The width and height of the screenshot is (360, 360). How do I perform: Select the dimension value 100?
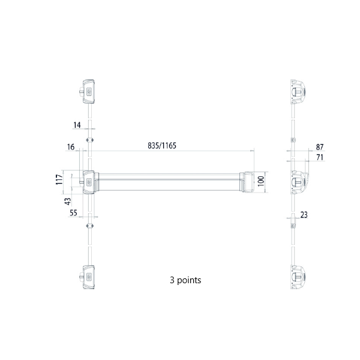coord(261,181)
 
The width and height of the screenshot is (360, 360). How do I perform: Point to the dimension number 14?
coord(77,125)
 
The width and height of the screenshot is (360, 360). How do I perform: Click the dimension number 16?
coord(71,147)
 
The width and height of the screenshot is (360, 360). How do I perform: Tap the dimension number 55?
coord(73,212)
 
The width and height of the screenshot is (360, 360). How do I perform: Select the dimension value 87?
coord(319,147)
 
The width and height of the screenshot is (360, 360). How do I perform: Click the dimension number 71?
coord(319,157)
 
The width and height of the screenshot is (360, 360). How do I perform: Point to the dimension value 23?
coord(304,214)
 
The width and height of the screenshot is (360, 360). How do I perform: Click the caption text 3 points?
coord(186,280)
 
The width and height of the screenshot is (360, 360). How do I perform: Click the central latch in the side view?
coord(299,181)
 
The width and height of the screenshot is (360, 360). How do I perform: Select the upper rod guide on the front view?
coord(90,139)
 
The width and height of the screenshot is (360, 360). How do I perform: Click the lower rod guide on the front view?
coord(90,226)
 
